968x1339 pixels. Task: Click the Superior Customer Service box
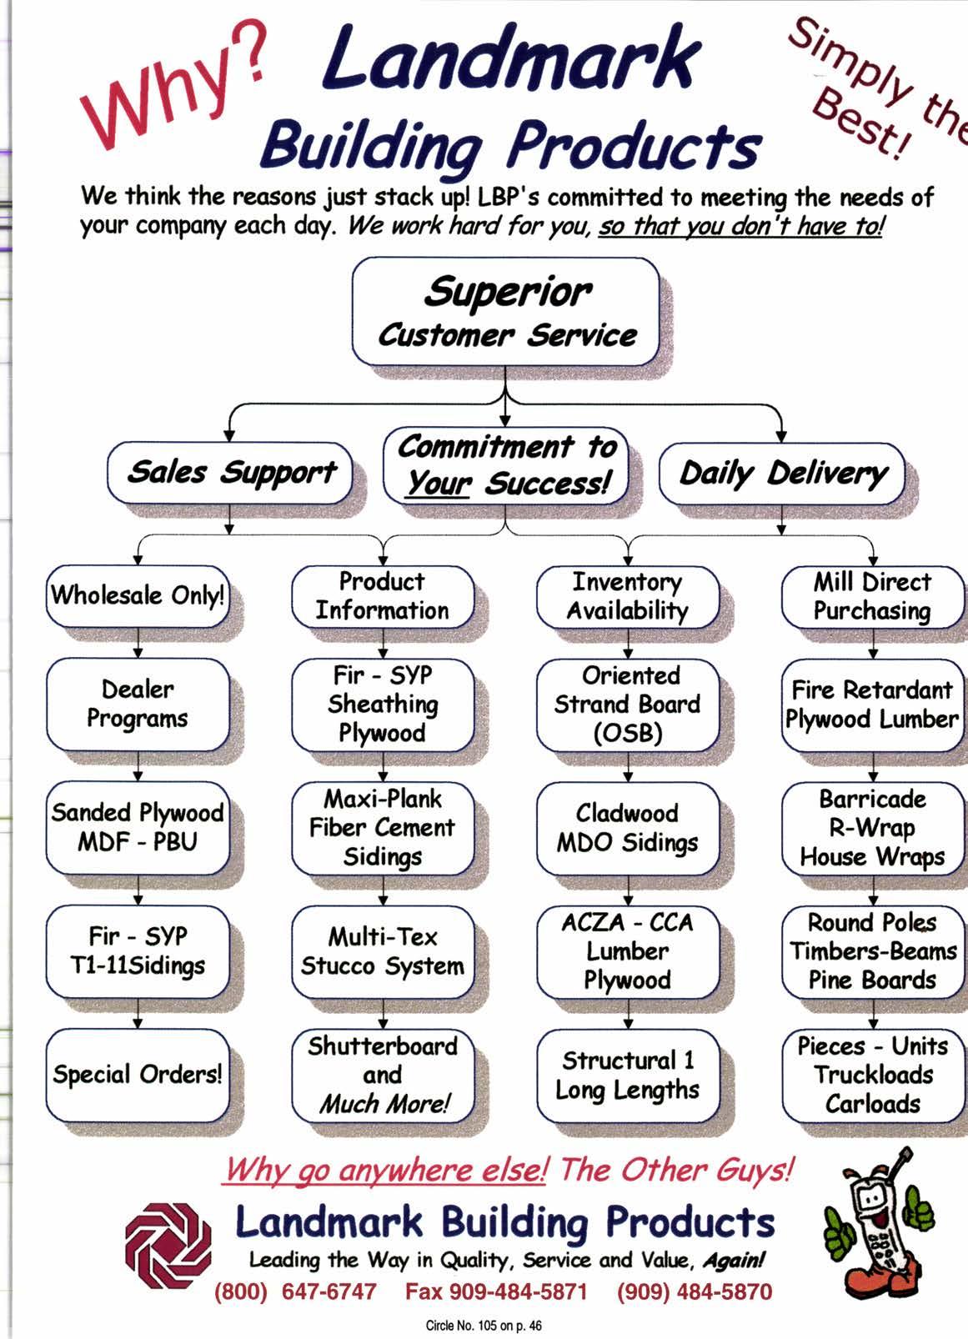[x=506, y=312]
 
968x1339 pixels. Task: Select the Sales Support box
[x=230, y=473]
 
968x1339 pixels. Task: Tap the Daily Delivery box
[x=782, y=474]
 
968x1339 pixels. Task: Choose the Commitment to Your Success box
[x=506, y=465]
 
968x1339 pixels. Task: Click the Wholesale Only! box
[x=138, y=596]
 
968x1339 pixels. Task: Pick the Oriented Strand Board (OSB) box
[x=628, y=705]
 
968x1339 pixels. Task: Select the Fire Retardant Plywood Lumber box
[x=872, y=705]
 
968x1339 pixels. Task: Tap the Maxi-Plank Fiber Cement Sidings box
[x=383, y=828]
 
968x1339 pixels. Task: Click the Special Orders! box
[x=138, y=1075]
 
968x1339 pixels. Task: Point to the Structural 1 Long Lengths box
[x=628, y=1075]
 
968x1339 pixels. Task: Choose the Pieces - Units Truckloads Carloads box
[x=872, y=1075]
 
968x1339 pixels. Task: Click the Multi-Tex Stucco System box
[x=383, y=951]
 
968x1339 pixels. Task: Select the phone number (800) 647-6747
[x=296, y=1291]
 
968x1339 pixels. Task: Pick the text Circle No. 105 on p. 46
[x=484, y=1325]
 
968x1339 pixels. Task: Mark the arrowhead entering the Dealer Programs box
[x=138, y=653]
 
